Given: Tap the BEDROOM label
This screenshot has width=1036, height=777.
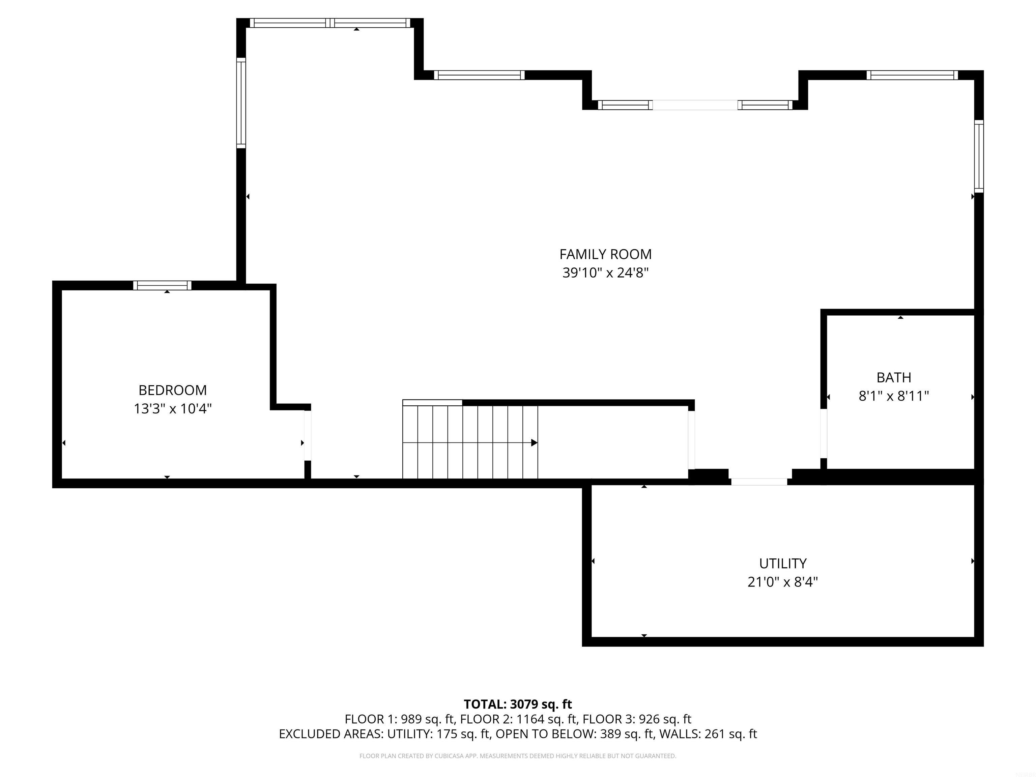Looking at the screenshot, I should [x=172, y=390].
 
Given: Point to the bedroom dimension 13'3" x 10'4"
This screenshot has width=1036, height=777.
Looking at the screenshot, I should [x=172, y=409].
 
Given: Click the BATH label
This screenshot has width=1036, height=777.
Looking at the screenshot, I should [x=894, y=377].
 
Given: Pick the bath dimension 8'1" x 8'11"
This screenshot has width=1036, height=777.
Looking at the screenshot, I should [x=894, y=396].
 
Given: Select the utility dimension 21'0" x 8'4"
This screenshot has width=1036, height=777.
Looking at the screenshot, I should [x=783, y=582].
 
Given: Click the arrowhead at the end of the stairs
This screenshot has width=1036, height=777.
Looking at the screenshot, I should [x=534, y=442].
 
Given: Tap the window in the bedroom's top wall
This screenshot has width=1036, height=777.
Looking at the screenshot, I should [x=162, y=285].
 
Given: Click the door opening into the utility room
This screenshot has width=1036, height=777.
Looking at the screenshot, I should [x=759, y=482].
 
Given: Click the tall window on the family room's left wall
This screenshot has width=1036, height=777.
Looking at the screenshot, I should [x=241, y=103].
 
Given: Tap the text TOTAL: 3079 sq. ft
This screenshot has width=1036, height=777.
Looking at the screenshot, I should [x=518, y=704].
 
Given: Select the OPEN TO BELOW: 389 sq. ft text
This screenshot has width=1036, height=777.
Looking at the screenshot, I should [x=574, y=734].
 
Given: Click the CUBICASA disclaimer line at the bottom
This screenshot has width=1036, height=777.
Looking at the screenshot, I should [x=518, y=756].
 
